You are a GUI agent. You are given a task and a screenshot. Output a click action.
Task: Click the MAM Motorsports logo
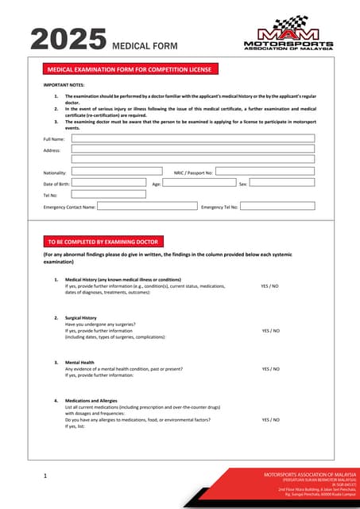point(287,33)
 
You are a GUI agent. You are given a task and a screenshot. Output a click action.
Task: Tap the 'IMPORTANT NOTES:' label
point(64,84)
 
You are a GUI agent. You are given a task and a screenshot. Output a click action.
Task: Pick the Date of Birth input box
point(109,182)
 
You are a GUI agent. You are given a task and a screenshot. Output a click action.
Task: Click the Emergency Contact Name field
point(147,205)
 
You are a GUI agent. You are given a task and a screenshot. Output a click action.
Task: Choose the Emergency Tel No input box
point(277,205)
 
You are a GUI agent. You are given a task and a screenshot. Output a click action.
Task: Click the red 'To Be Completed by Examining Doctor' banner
point(103,242)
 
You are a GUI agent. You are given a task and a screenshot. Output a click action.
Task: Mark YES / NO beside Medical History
point(270,286)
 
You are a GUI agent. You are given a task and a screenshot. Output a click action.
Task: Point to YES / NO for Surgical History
point(270,330)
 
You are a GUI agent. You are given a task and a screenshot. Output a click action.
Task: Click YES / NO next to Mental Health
point(270,369)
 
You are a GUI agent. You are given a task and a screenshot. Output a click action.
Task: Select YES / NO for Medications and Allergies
point(270,419)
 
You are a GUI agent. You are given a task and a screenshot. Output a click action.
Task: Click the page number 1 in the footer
point(46,476)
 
